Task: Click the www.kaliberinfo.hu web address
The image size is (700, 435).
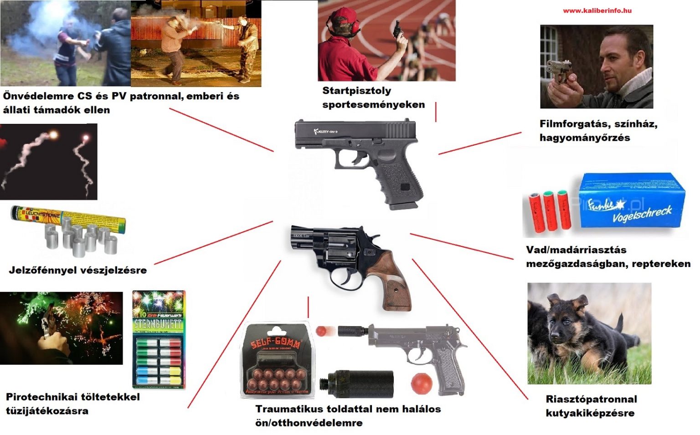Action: [597, 10]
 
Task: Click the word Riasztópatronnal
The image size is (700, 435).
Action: [591, 399]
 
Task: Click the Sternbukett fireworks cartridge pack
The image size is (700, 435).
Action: [159, 340]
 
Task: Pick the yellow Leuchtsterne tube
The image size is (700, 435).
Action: [68, 218]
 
